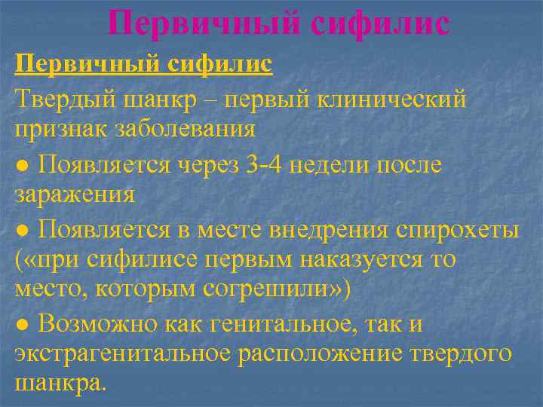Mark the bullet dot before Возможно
click(23, 324)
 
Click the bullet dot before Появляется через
click(23, 163)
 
